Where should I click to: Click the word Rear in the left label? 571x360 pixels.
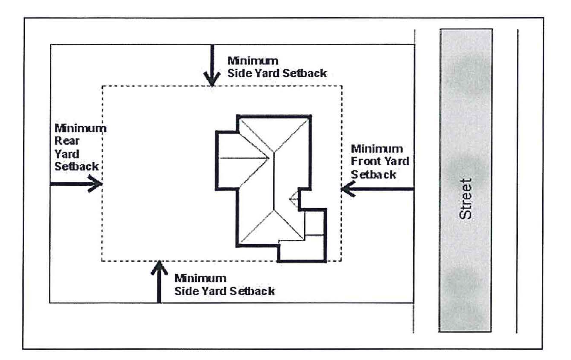[64, 141]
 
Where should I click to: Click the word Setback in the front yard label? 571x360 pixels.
[374, 174]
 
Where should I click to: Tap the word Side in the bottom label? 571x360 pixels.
[185, 290]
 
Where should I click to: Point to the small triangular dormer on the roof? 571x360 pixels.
[294, 199]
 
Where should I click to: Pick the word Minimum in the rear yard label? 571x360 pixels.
[80, 128]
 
